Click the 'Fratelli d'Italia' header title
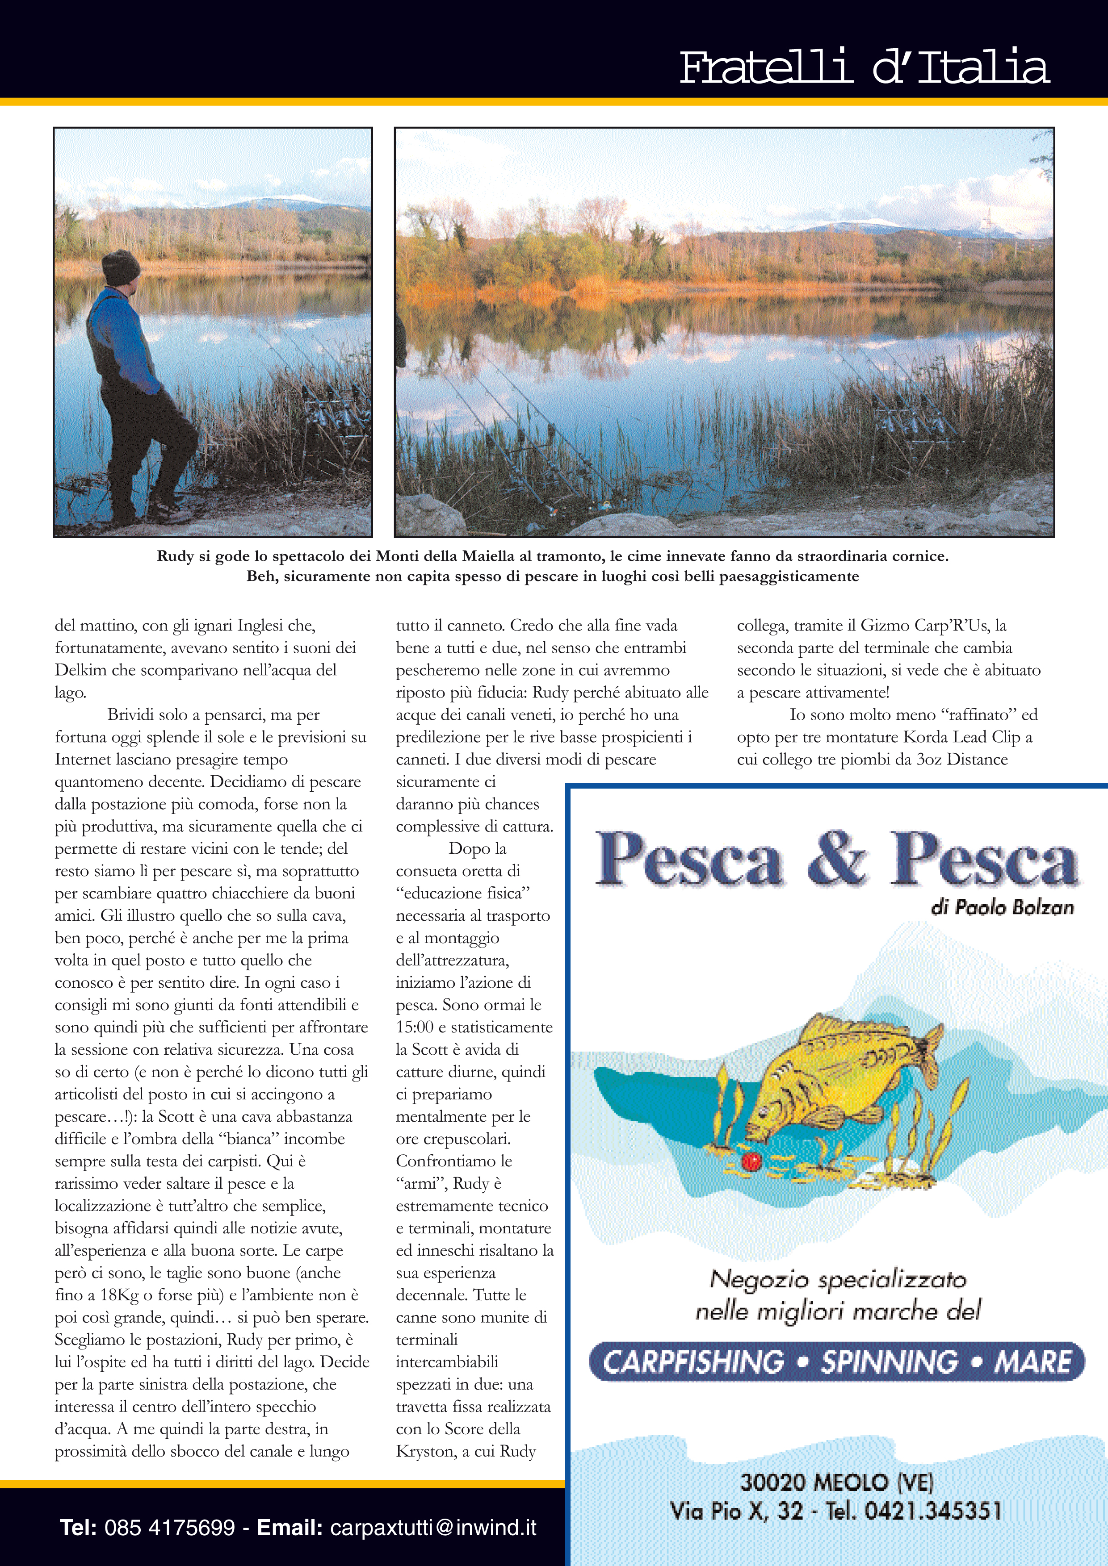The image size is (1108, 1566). (x=864, y=67)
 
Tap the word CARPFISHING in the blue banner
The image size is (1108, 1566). (x=693, y=1362)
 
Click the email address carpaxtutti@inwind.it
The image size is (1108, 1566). (x=433, y=1528)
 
